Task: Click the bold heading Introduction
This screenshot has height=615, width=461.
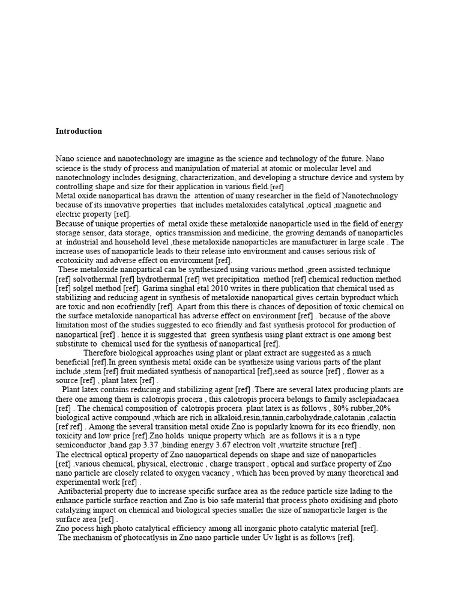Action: [x=79, y=131]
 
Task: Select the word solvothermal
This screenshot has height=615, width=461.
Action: [x=98, y=279]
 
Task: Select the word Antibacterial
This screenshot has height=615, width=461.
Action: [x=85, y=491]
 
